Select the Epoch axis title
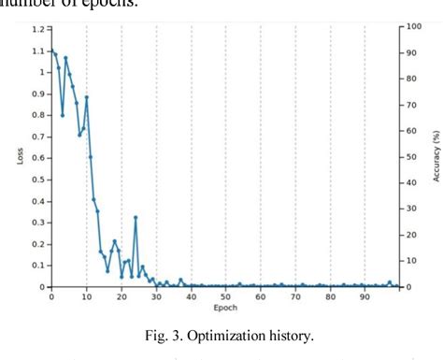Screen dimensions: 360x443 [x=224, y=308]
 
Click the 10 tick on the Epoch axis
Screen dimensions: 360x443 [x=86, y=296]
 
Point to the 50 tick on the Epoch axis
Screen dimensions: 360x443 [x=226, y=296]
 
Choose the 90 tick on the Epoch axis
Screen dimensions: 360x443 [x=365, y=296]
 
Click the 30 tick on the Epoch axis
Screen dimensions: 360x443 [x=156, y=296]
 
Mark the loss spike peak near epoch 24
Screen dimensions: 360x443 [x=136, y=217]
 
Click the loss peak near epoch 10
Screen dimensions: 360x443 [x=87, y=97]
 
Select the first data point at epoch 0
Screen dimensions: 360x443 [x=52, y=50]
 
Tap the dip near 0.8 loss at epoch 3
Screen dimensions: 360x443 [x=63, y=115]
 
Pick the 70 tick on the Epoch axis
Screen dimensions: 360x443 [x=295, y=296]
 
